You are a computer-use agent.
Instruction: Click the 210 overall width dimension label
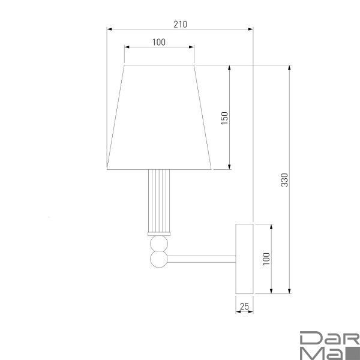[x=180, y=25]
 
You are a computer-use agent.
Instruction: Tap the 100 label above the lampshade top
[x=159, y=42]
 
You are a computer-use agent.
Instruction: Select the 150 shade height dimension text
[x=224, y=118]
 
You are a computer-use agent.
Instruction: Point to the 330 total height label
[x=284, y=180]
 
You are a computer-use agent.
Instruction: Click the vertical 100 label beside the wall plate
[x=266, y=259]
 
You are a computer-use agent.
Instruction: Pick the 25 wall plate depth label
[x=244, y=306]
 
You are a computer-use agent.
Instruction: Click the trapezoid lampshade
[x=159, y=118]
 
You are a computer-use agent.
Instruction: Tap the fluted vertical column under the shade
[x=159, y=201]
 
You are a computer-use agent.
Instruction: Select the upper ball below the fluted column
[x=159, y=244]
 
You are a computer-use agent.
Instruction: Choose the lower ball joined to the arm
[x=159, y=259]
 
